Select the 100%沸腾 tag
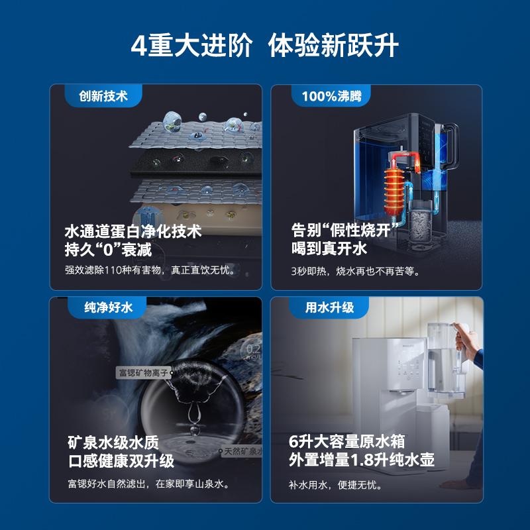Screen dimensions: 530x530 [331, 96]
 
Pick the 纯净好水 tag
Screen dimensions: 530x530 [109, 307]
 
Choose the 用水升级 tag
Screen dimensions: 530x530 [329, 307]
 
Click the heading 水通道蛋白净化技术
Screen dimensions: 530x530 [132, 232]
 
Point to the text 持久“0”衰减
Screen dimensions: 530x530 [108, 250]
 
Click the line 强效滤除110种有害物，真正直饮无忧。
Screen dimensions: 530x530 [150, 270]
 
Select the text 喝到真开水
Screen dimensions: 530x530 [329, 249]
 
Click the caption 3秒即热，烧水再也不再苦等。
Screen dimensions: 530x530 [356, 270]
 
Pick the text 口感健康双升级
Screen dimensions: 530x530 [121, 460]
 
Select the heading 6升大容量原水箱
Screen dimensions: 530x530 [346, 442]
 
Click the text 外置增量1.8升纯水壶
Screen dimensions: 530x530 [362, 460]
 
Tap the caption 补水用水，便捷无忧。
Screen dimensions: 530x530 [335, 484]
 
